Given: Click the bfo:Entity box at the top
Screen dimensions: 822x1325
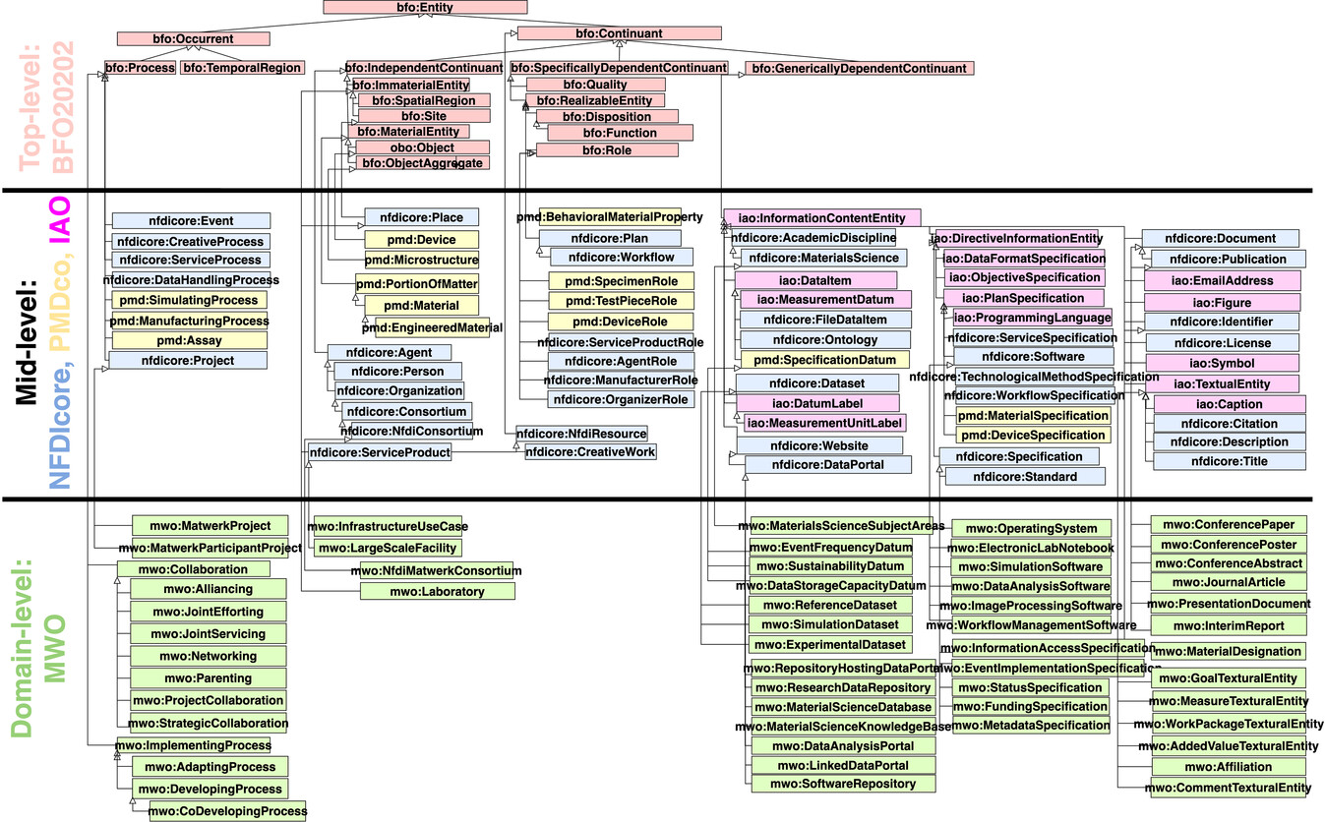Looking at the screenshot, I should (x=425, y=8).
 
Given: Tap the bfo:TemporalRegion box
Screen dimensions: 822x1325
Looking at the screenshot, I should (x=242, y=68).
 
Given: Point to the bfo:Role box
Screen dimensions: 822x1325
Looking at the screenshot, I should (x=606, y=150).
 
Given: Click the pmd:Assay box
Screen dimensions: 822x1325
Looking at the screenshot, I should (x=189, y=340).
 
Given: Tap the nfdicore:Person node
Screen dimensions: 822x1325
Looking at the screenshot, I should (x=397, y=372).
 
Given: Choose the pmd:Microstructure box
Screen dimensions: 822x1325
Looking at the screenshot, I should (x=421, y=260).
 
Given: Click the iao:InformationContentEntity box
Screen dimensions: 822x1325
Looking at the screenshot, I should (x=821, y=217).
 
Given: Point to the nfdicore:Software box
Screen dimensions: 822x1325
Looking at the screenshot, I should (x=1033, y=356).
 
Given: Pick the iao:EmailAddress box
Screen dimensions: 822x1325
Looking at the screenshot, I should (x=1223, y=280).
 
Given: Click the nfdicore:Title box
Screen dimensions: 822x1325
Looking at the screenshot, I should (x=1230, y=461).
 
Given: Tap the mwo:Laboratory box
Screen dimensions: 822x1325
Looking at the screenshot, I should (x=437, y=591).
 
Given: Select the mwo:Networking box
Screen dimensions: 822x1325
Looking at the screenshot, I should (x=210, y=656).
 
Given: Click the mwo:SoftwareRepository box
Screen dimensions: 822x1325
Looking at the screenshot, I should (x=843, y=784).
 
